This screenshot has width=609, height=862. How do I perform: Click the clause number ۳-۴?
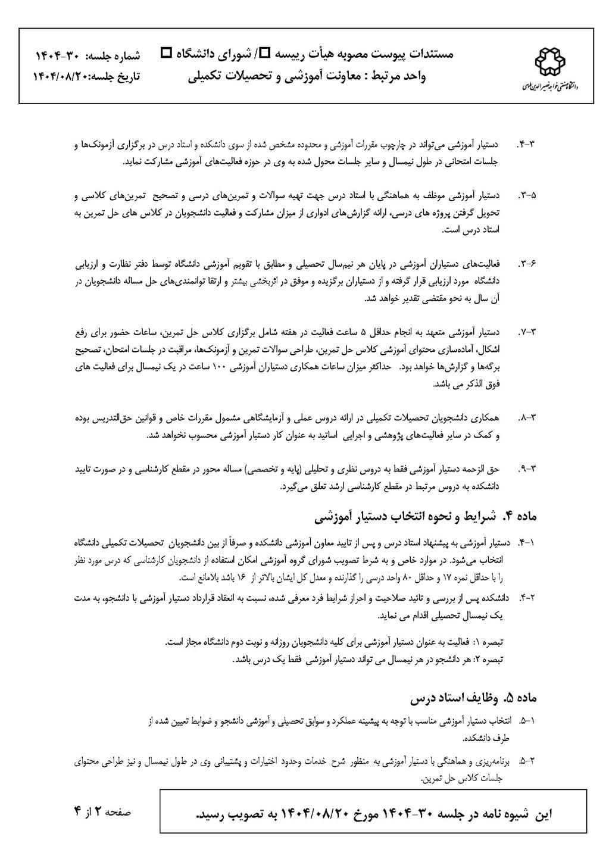(527, 145)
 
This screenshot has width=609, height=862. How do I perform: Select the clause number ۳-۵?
(527, 195)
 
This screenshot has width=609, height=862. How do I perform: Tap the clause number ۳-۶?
(527, 263)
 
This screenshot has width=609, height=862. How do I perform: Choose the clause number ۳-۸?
(527, 417)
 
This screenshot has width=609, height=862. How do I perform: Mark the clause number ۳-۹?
(527, 469)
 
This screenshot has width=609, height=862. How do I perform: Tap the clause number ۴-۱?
(527, 543)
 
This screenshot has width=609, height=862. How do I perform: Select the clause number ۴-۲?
(527, 596)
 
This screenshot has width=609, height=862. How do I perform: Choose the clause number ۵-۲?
(527, 761)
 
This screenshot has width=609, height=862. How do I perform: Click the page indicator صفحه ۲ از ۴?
(101, 812)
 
